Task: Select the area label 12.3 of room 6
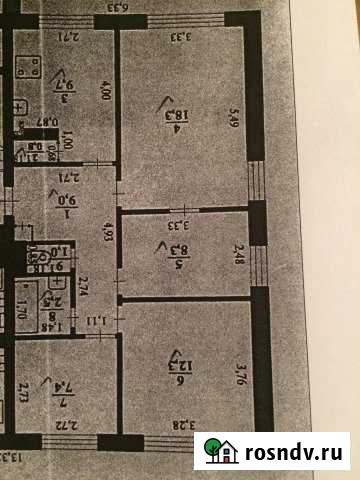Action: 182,371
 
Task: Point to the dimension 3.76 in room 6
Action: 240,373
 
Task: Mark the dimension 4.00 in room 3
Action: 105,99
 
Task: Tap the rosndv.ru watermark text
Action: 297,451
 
